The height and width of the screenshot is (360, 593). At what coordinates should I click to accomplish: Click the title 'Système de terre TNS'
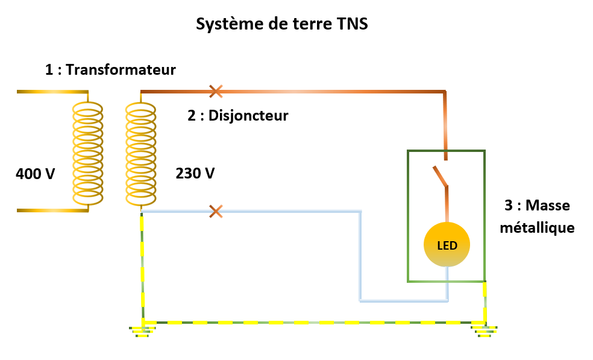click(x=281, y=25)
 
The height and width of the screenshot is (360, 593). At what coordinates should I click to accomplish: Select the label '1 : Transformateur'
click(x=110, y=70)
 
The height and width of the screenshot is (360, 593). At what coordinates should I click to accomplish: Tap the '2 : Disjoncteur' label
click(x=238, y=115)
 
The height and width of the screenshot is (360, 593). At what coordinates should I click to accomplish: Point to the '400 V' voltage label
click(x=36, y=174)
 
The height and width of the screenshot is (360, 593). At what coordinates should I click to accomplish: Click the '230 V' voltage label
click(x=195, y=174)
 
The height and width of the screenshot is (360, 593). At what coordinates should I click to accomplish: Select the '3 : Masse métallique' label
click(x=538, y=216)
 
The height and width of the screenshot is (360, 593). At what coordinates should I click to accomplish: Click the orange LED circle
click(x=447, y=245)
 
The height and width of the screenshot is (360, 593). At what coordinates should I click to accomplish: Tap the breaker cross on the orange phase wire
click(x=215, y=92)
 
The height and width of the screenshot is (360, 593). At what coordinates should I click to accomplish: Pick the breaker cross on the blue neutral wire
click(x=215, y=212)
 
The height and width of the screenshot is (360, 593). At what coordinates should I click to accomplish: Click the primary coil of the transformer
click(x=88, y=153)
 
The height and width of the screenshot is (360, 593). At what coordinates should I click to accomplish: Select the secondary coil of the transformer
click(x=141, y=153)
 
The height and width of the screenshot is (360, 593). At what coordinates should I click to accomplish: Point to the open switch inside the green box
click(x=441, y=177)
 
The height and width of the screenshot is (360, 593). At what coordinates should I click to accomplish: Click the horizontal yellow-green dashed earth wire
click(x=313, y=323)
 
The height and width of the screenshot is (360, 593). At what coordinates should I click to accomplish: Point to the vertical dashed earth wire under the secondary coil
click(x=143, y=265)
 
